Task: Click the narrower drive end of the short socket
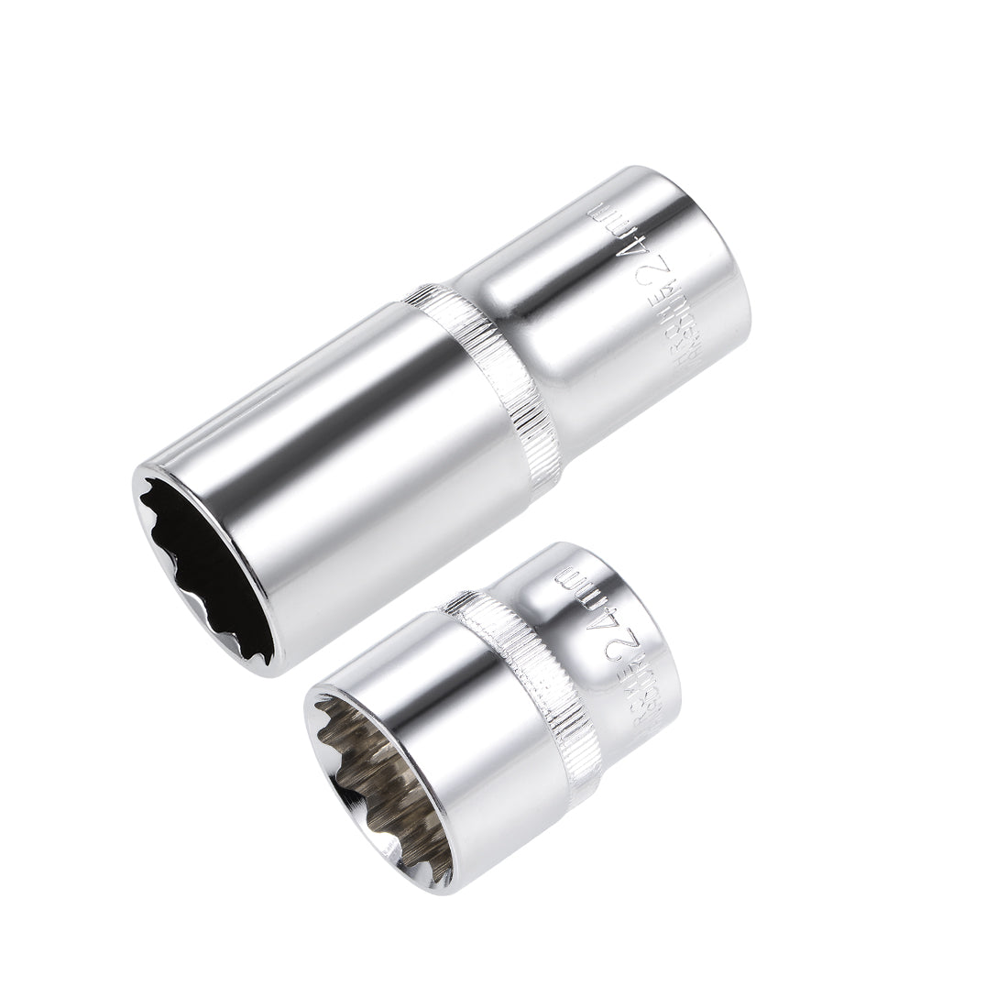click(x=623, y=632)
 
